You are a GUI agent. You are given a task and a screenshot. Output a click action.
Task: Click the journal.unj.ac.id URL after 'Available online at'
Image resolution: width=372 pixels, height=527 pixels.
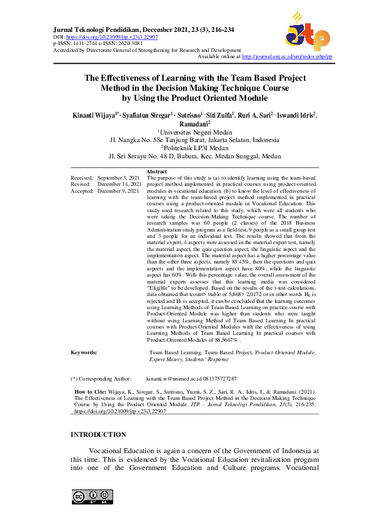pos(286,56)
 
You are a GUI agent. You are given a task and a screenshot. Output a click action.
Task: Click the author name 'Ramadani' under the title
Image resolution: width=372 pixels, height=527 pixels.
pos(185,125)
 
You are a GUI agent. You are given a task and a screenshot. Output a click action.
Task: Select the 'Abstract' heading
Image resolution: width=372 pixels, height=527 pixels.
pos(156,171)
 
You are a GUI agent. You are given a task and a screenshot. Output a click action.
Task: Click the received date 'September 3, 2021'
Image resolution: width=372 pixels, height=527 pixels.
pos(119,178)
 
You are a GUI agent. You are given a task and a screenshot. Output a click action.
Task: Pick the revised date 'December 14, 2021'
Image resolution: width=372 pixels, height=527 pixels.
pos(119,185)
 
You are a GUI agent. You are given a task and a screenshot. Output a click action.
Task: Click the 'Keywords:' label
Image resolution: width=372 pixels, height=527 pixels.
pos(84,353)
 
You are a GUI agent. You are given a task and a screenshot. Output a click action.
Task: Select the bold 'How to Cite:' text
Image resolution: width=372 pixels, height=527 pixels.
pos(92,391)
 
